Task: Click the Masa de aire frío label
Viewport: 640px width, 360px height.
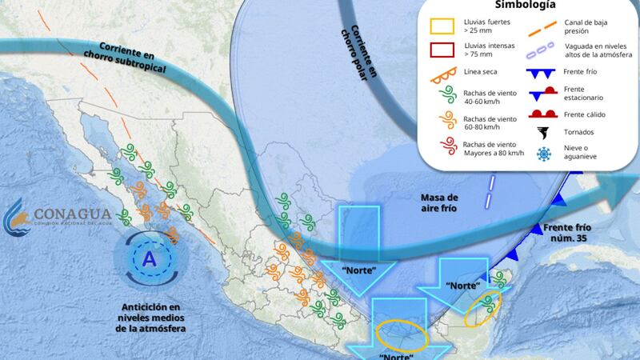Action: (x=440, y=203)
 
